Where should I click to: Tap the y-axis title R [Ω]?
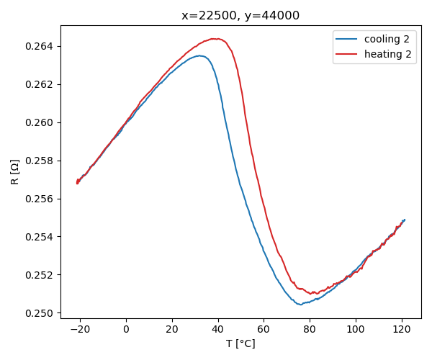(x=15, y=172)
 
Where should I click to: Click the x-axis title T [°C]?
(x=240, y=343)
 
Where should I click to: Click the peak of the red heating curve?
(x=215, y=39)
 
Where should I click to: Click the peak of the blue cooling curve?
(x=201, y=55)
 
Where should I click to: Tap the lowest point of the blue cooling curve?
(x=300, y=305)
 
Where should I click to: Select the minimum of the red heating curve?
(x=311, y=294)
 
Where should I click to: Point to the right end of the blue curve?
(x=405, y=220)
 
